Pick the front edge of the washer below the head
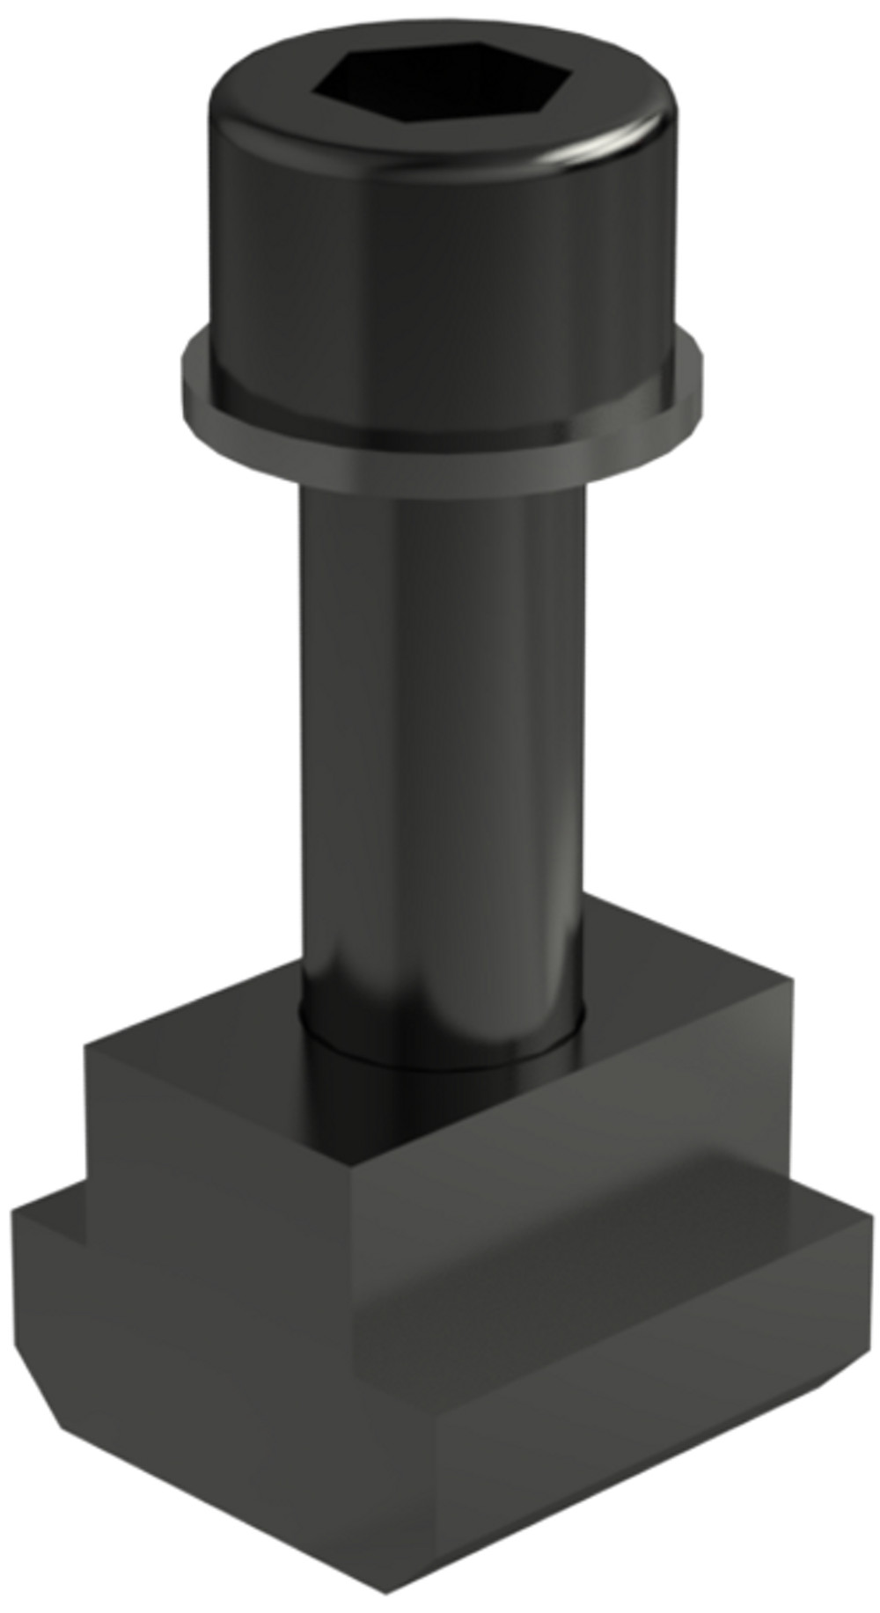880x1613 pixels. point(440,458)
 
